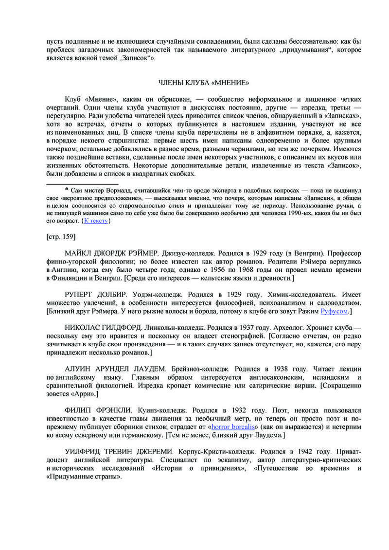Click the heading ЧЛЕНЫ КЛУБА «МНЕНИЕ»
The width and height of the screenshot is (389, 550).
point(204,82)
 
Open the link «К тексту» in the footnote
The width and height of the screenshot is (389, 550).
point(96,221)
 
